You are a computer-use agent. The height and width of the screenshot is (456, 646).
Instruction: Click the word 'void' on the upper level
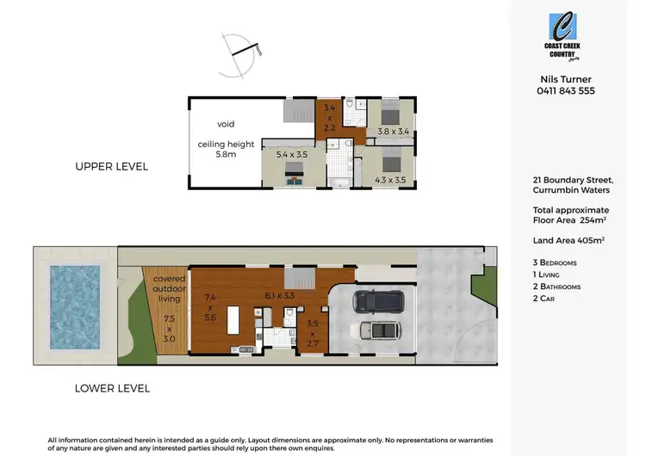(226, 124)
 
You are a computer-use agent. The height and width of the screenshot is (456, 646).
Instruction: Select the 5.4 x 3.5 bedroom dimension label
(291, 155)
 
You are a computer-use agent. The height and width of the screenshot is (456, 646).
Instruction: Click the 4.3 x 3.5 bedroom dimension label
(389, 180)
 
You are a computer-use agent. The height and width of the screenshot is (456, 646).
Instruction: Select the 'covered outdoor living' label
(170, 290)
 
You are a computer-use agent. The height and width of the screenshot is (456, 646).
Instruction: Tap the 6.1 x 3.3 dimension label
(281, 295)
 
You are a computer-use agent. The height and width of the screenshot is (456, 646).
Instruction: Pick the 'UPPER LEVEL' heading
(113, 166)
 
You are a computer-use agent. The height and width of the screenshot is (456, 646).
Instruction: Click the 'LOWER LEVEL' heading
(112, 388)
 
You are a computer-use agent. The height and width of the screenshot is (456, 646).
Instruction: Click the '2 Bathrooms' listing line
(562, 286)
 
